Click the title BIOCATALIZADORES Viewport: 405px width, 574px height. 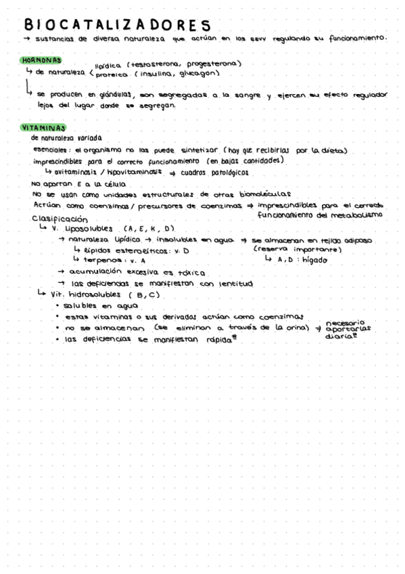pyautogui.click(x=118, y=25)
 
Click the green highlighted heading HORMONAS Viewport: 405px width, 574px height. pyautogui.click(x=42, y=61)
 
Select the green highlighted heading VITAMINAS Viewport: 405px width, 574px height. pyautogui.click(x=43, y=127)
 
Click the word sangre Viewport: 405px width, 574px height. pyautogui.click(x=243, y=96)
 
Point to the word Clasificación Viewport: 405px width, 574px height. pyautogui.click(x=60, y=219)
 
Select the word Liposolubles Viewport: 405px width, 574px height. pyautogui.click(x=90, y=229)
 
